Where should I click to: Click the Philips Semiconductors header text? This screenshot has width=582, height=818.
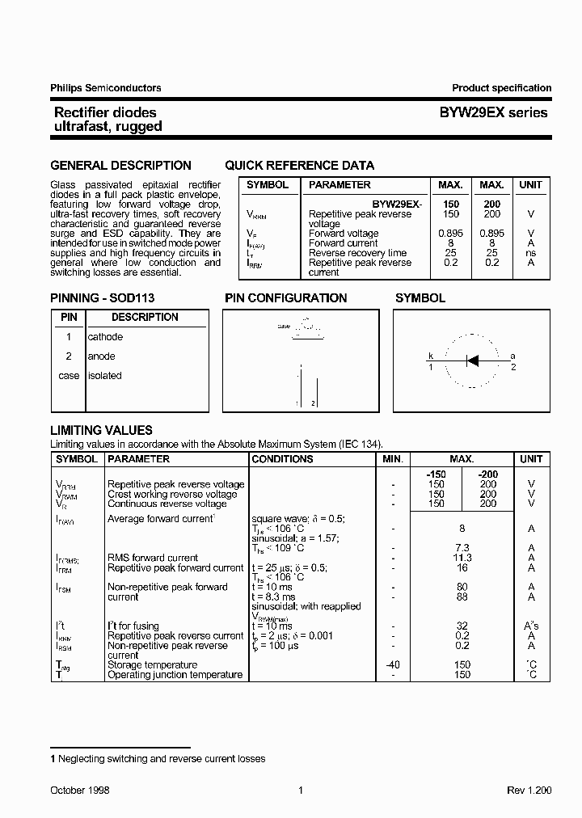pos(106,88)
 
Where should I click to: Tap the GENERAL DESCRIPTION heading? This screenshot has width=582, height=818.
pos(120,166)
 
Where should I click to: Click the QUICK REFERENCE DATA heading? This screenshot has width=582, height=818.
pos(299,166)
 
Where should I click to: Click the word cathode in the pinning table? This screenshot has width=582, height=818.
pos(105,337)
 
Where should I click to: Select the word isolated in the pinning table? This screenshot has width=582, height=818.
pos(105,376)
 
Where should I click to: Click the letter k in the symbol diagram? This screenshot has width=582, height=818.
pos(430,356)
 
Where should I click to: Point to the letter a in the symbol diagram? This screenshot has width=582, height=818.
pos(512,356)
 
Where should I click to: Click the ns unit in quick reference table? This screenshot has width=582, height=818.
pos(530,253)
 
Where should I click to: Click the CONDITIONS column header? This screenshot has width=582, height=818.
pos(282,459)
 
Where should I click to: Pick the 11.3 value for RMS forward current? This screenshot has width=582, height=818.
pos(462,558)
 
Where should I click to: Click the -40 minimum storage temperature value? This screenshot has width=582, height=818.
pos(392,665)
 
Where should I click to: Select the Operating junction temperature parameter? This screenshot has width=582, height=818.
pos(175,675)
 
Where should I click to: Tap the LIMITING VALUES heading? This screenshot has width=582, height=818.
pos(101,431)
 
